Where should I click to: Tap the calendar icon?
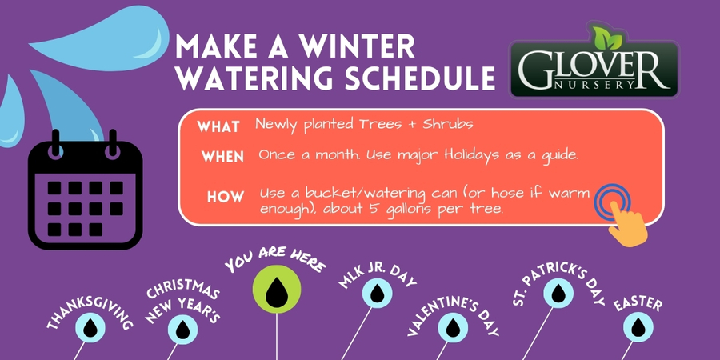click(x=85, y=189)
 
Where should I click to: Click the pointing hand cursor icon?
click(x=619, y=211)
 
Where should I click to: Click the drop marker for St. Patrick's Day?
click(x=557, y=293)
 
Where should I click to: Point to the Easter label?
click(x=638, y=305)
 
